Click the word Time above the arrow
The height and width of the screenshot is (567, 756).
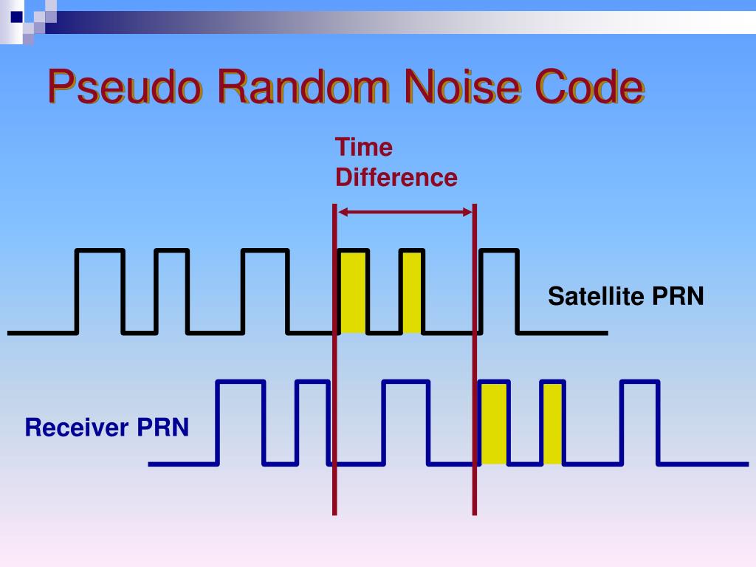pyautogui.click(x=364, y=147)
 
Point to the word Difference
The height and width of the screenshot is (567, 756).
pyautogui.click(x=396, y=178)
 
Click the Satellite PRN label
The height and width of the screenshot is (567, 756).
pyautogui.click(x=625, y=297)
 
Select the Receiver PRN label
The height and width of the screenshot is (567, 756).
pyautogui.click(x=107, y=427)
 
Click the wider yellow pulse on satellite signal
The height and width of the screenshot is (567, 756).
pyautogui.click(x=353, y=292)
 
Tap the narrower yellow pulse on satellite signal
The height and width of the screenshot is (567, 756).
pyautogui.click(x=412, y=292)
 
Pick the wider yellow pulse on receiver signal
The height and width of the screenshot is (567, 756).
pyautogui.click(x=494, y=423)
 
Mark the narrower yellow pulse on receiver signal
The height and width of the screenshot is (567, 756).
pyautogui.click(x=553, y=423)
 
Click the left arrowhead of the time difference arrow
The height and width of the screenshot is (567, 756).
pyautogui.click(x=344, y=213)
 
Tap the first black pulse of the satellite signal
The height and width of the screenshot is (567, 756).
pyautogui.click(x=100, y=292)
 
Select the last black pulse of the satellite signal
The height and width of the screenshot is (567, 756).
pyautogui.click(x=499, y=292)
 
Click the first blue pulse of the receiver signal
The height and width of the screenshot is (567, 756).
pyautogui.click(x=241, y=423)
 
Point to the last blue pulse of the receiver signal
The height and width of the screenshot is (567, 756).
pyautogui.click(x=639, y=423)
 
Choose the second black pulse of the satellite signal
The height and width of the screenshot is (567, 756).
pyautogui.click(x=171, y=292)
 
